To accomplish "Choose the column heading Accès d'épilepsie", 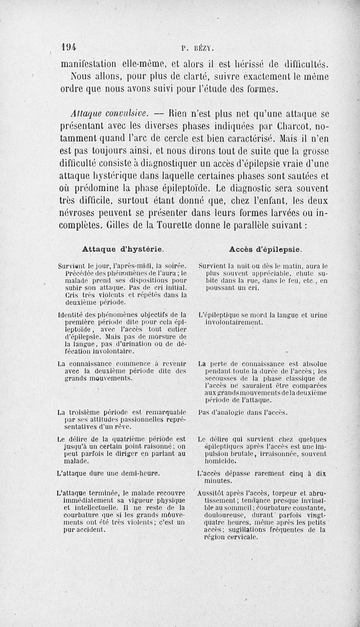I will [x=265, y=248].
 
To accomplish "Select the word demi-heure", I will [x=139, y=474].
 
